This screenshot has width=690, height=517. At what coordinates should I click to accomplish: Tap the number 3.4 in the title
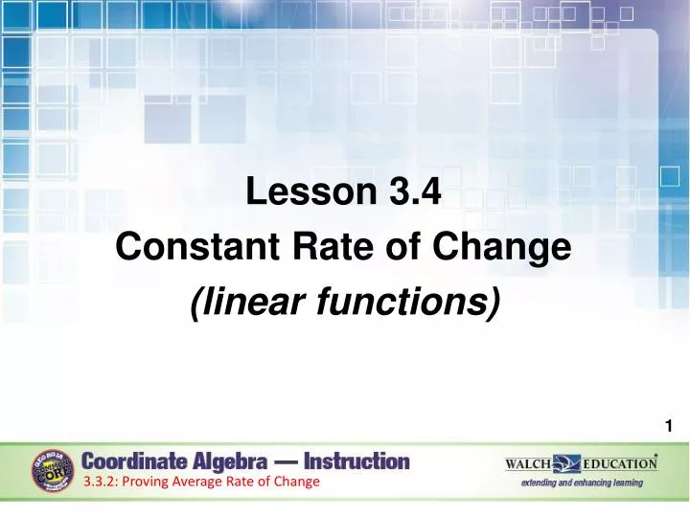pyautogui.click(x=415, y=192)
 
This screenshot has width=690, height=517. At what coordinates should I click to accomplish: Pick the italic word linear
pyautogui.click(x=242, y=303)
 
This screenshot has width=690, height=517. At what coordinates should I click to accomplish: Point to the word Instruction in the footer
pyautogui.click(x=357, y=461)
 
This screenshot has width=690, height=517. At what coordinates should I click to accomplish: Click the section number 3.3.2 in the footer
pyautogui.click(x=99, y=482)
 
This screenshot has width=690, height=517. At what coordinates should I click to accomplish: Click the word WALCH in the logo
pyautogui.click(x=528, y=464)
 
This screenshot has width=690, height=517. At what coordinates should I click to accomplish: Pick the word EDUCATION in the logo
pyautogui.click(x=620, y=464)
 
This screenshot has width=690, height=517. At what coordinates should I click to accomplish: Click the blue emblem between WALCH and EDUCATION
pyautogui.click(x=567, y=464)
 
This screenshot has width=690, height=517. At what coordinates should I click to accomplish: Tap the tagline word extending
pyautogui.click(x=544, y=483)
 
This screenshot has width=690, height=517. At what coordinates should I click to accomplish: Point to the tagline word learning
pyautogui.click(x=624, y=483)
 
